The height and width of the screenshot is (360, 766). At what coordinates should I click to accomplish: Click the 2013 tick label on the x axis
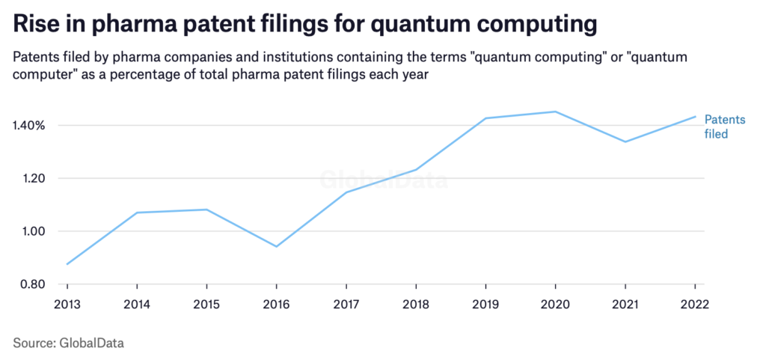pos(67,305)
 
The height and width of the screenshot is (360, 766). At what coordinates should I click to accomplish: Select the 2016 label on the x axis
pos(276,305)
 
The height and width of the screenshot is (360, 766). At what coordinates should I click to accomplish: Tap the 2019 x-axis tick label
pos(485,305)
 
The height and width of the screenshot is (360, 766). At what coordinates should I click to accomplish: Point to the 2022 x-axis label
pos(694,305)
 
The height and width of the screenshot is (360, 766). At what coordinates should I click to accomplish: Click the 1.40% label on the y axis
pos(30,125)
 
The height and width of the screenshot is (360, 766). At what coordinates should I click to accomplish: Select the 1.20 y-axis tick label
pos(32,178)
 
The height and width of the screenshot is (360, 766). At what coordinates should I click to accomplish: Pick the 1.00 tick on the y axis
pos(32,231)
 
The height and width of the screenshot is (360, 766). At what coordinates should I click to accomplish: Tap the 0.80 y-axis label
pos(32,284)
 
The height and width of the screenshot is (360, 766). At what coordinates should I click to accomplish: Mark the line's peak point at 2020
pos(555,112)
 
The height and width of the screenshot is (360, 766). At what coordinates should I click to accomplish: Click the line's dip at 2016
pos(276,247)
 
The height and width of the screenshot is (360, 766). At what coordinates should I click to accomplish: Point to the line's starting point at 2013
pos(67,264)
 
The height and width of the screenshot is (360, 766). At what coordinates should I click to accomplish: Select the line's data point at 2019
pos(485,118)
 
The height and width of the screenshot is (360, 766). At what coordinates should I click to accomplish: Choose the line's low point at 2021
pos(625,141)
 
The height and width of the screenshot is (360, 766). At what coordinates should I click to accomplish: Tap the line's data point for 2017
pos(346,192)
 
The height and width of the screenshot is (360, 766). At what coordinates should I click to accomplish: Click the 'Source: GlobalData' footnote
pos(68,343)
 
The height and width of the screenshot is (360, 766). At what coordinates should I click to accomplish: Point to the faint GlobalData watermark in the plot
pos(384,180)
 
